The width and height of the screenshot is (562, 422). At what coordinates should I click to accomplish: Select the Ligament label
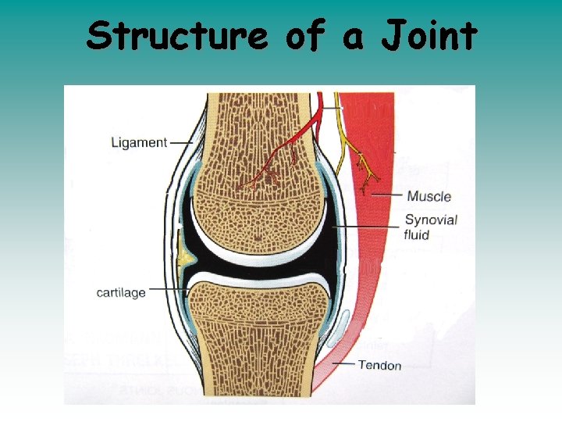click(139, 142)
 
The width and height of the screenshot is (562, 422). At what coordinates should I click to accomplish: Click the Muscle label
click(429, 196)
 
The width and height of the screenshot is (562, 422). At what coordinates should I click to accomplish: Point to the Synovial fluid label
click(430, 227)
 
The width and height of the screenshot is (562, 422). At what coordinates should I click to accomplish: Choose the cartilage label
click(120, 292)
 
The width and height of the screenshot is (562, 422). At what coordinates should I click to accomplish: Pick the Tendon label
click(379, 365)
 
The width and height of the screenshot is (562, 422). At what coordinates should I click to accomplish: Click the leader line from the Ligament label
click(181, 142)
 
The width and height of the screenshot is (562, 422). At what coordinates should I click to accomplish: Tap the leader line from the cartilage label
click(167, 290)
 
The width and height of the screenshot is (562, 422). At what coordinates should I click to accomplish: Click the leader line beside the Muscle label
click(387, 195)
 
